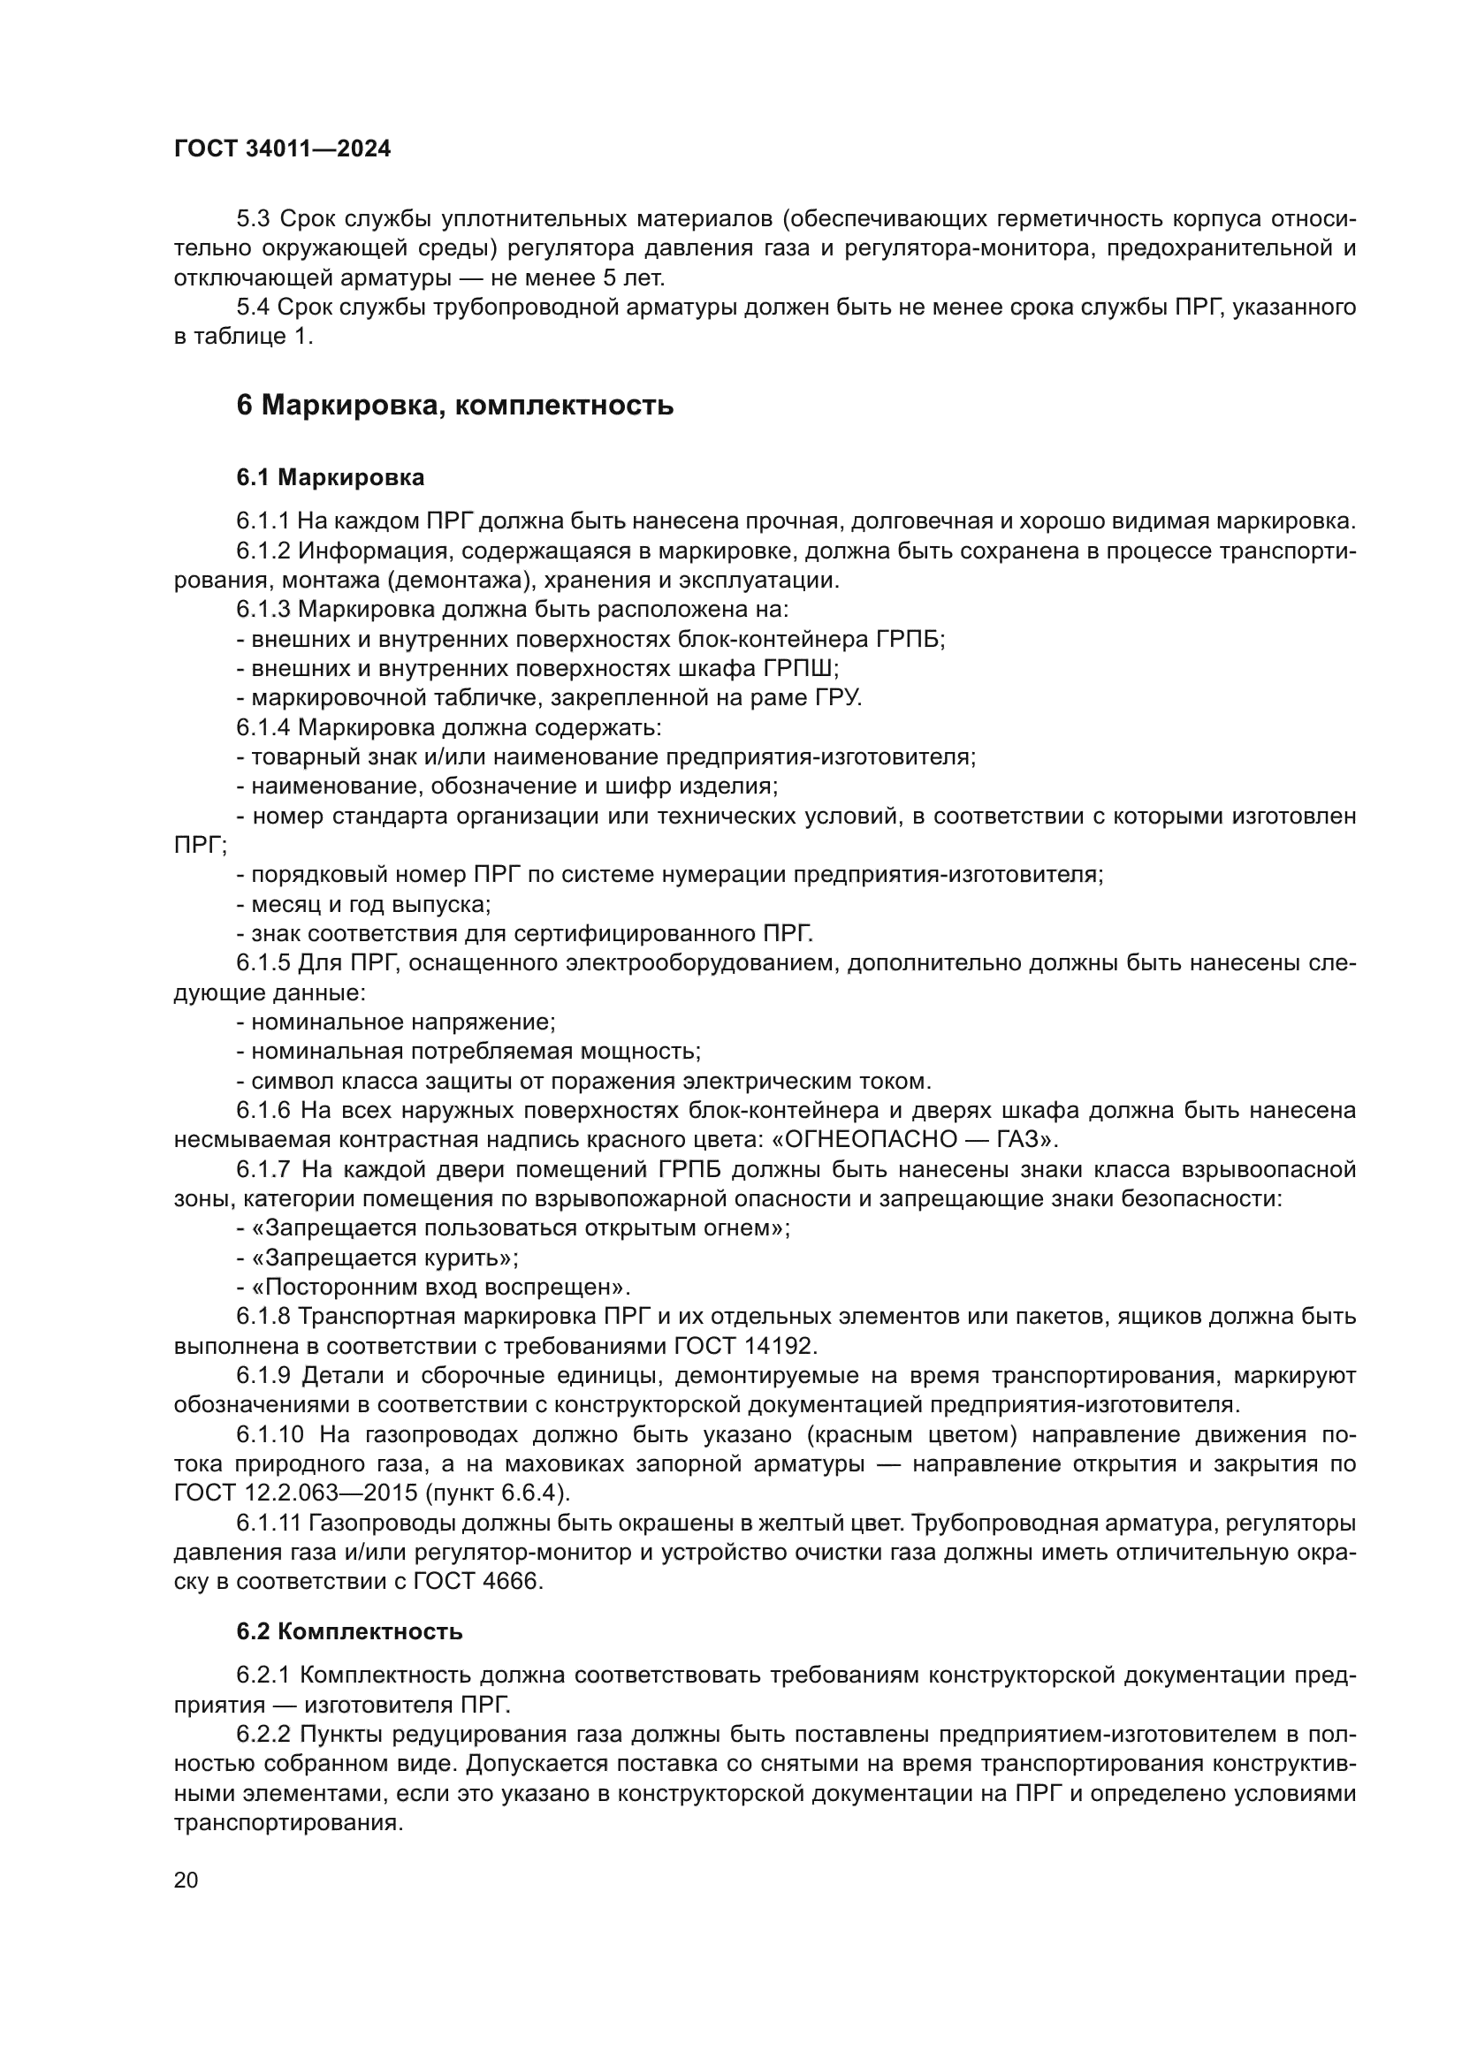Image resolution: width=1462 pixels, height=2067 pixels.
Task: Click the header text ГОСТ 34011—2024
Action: (x=282, y=149)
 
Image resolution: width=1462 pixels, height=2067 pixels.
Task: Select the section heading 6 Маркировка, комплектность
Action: (x=454, y=405)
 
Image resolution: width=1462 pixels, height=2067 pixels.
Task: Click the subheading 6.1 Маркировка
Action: (x=331, y=477)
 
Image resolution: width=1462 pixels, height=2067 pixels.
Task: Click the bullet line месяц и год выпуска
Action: (x=364, y=903)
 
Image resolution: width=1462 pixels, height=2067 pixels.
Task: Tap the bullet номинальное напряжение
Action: (x=397, y=1022)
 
